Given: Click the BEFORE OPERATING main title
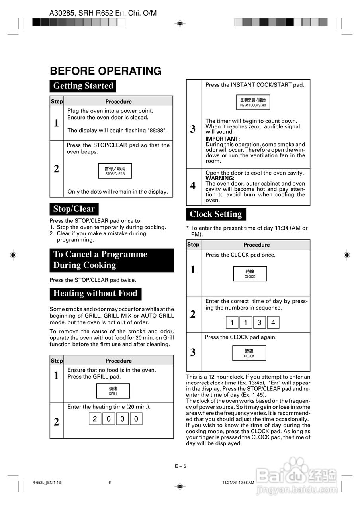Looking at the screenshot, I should click(106, 71).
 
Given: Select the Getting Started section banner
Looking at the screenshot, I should click(83, 86).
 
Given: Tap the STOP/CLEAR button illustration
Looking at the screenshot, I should click(115, 171).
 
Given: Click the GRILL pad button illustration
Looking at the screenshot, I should click(113, 391).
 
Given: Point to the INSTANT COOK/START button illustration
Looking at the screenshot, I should click(253, 102).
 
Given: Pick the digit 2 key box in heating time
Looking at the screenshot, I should click(95, 419).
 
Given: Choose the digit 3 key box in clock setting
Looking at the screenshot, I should click(259, 322).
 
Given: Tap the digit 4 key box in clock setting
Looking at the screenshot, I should click(273, 322).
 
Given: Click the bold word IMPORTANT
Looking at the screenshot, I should click(222, 139).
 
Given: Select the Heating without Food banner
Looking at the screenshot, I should click(95, 294).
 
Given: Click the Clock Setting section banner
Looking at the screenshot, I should click(216, 214).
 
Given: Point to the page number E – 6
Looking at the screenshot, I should click(180, 466).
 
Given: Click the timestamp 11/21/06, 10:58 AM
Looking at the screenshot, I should click(238, 483).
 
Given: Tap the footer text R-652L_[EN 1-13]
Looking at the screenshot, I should click(47, 483).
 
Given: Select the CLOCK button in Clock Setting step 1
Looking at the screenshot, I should click(250, 274).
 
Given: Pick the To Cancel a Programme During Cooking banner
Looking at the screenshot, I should click(112, 260).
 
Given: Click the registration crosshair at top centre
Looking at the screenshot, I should click(180, 24).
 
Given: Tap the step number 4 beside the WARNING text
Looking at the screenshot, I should click(193, 186).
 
